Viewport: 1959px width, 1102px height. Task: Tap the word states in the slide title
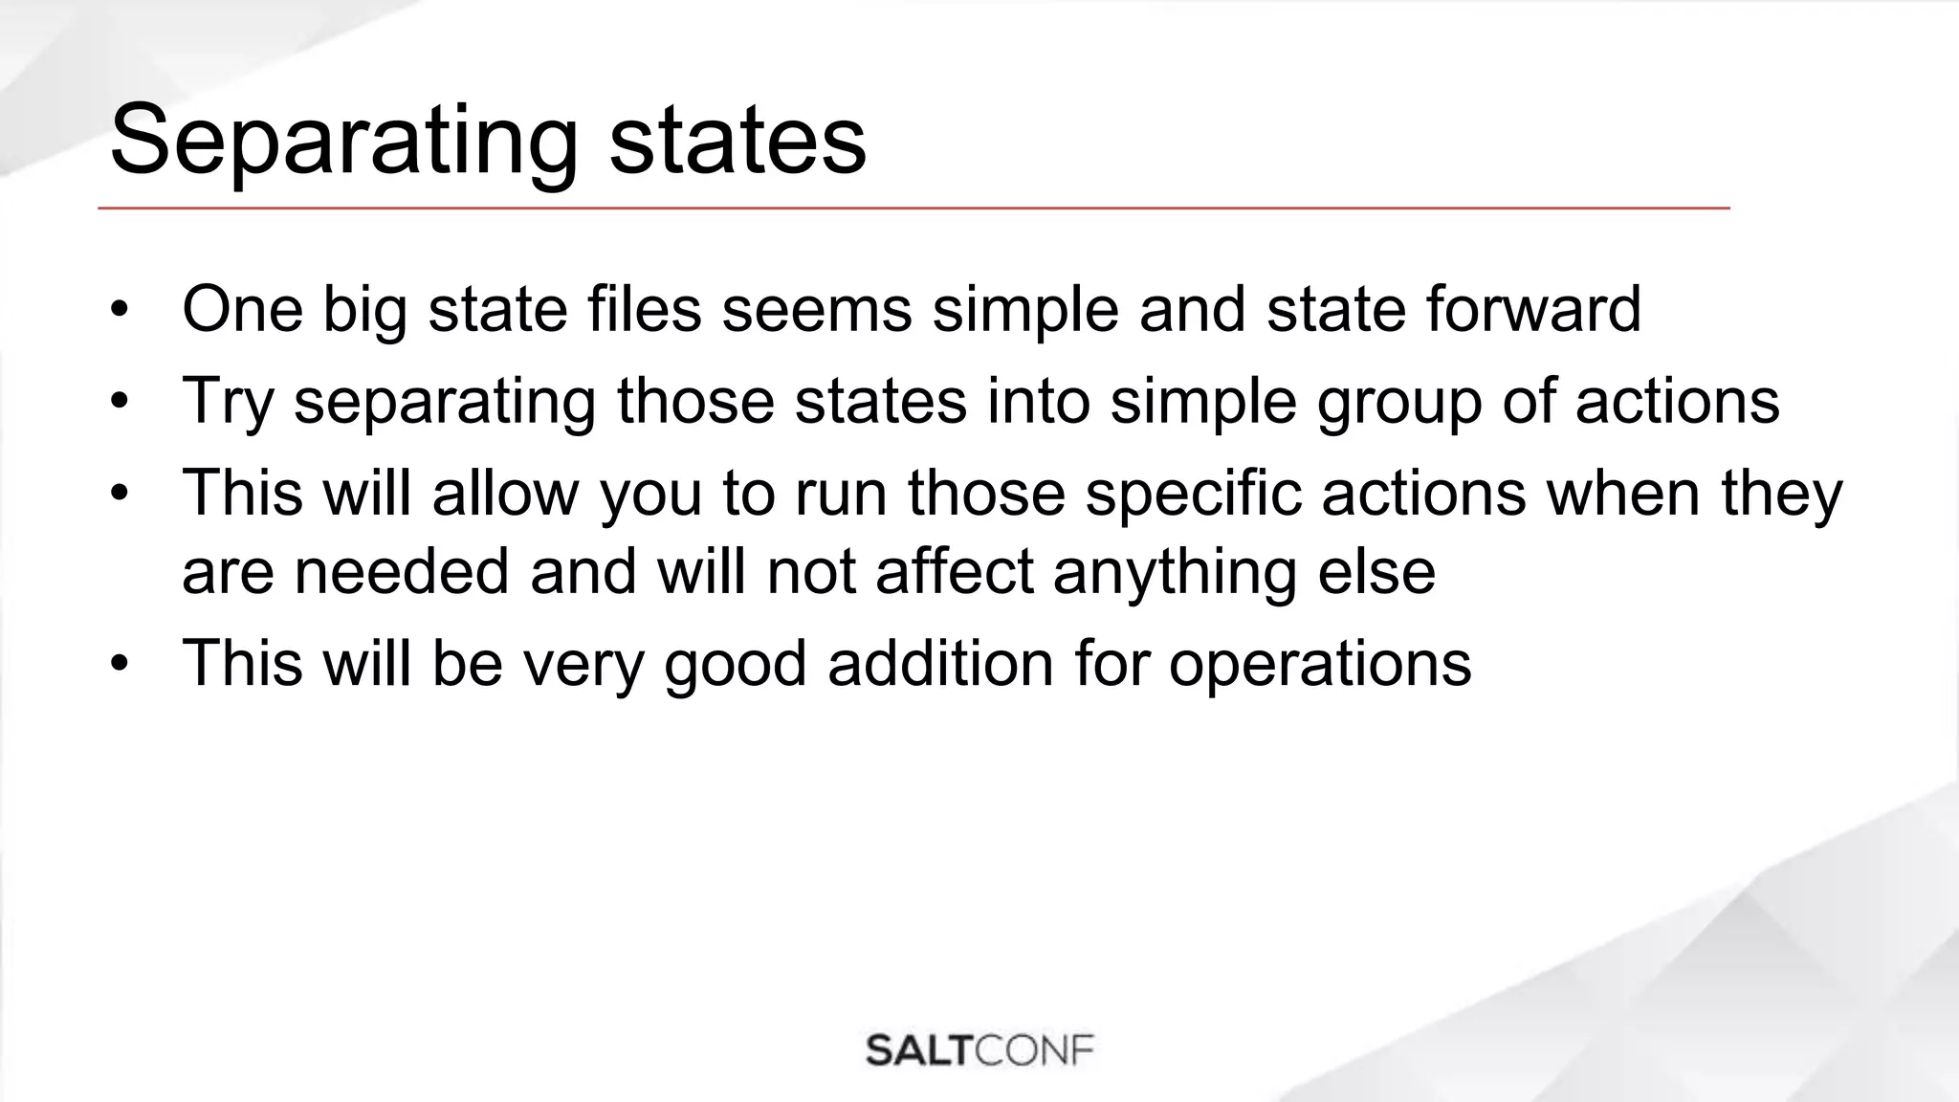pos(737,142)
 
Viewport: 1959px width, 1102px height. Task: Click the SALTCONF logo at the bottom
pos(979,1050)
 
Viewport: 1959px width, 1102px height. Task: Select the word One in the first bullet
pos(242,309)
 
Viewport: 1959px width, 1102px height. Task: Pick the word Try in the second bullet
pos(228,401)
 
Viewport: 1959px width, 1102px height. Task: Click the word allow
pos(505,493)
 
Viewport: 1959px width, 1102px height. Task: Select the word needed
pos(401,572)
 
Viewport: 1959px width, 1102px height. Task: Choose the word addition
pos(940,663)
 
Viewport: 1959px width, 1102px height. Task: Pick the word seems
pos(817,309)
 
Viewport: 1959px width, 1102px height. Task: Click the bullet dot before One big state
pos(119,310)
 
